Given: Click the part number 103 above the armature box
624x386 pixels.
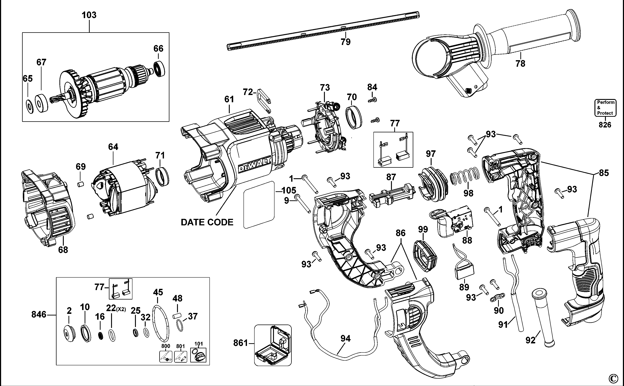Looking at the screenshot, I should [89, 15].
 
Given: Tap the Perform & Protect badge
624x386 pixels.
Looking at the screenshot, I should [605, 108].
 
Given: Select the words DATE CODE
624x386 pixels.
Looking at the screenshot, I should [207, 222].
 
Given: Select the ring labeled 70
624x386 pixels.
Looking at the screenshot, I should [354, 117].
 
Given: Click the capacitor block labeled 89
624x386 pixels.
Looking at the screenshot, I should [464, 272].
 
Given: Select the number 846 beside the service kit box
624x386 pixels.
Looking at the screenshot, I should [39, 315].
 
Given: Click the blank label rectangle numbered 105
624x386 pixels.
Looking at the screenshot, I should [259, 205].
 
